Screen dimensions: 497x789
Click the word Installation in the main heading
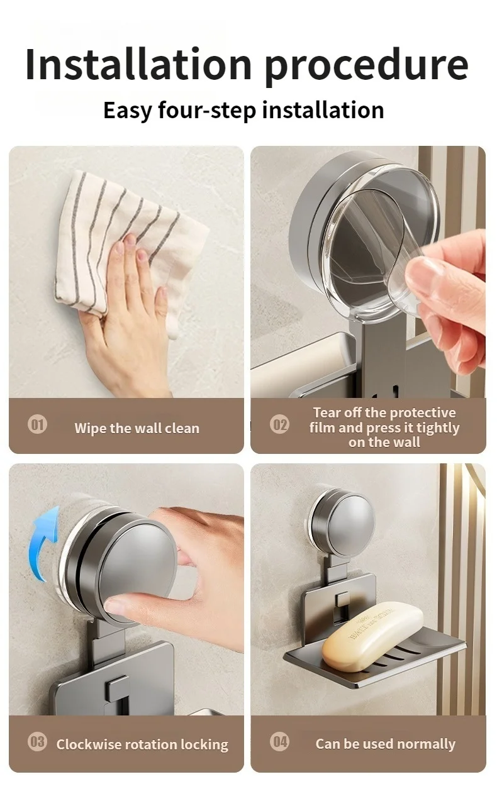point(138,65)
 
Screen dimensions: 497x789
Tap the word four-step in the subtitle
point(207,110)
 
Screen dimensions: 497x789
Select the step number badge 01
point(37,424)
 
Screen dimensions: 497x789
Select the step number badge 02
point(279,424)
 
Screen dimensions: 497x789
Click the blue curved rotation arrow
point(42,543)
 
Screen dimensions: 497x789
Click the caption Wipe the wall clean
point(137,428)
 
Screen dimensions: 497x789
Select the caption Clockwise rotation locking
point(142,744)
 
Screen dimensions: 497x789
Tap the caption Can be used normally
point(385,744)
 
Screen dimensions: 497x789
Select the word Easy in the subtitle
point(127,111)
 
